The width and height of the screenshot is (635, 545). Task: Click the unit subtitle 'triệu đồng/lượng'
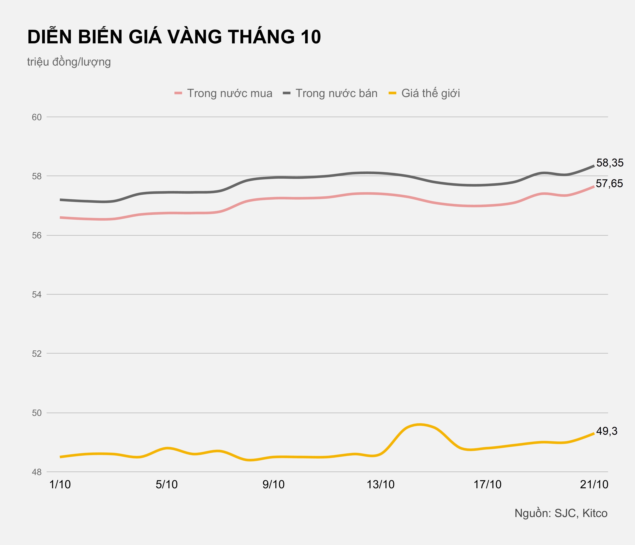tap(69, 62)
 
